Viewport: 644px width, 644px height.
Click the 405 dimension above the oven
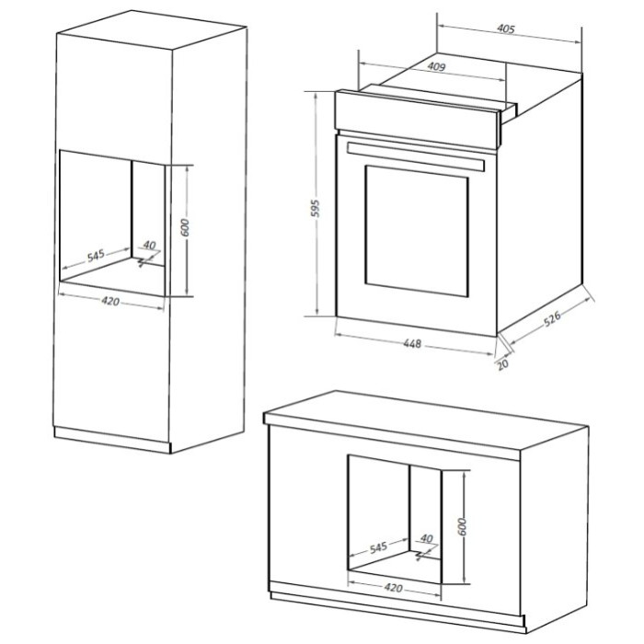506,29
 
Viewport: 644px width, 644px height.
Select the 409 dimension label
436,66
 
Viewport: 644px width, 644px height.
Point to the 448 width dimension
412,343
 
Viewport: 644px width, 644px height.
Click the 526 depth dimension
552,319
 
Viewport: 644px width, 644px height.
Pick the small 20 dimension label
502,364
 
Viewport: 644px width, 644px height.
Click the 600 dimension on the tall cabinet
185,227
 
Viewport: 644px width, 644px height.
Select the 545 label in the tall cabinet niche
96,256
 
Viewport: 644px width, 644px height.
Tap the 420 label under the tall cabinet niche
110,302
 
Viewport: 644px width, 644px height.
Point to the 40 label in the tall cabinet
150,246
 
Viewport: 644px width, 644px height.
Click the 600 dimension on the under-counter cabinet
462,526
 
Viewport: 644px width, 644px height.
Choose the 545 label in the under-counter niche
379,547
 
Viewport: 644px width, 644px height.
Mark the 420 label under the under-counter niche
394,588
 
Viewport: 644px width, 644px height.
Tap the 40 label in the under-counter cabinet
427,538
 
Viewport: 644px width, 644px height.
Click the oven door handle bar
415,156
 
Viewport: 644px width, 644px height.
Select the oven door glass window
417,231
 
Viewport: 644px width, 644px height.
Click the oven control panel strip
417,121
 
